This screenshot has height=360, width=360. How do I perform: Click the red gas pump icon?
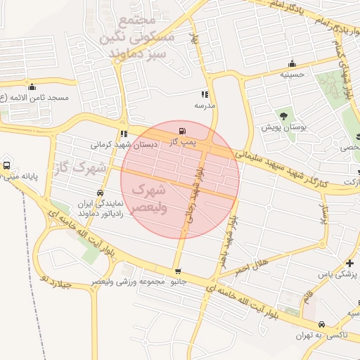(184, 130)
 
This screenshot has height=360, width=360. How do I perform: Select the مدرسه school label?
(204, 105)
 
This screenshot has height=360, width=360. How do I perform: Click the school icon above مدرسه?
(205, 94)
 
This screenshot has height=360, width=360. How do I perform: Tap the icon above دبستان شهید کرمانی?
(124, 134)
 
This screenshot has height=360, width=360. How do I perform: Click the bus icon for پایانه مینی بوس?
(6, 165)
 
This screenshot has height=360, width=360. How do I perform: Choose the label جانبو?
(176, 282)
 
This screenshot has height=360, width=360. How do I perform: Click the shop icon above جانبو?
(177, 271)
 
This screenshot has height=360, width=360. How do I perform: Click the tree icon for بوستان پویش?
(283, 115)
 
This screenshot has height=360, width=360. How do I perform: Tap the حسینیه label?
(292, 74)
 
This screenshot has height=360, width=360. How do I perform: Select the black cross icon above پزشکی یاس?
(350, 263)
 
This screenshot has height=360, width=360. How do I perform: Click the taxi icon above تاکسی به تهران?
(322, 325)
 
